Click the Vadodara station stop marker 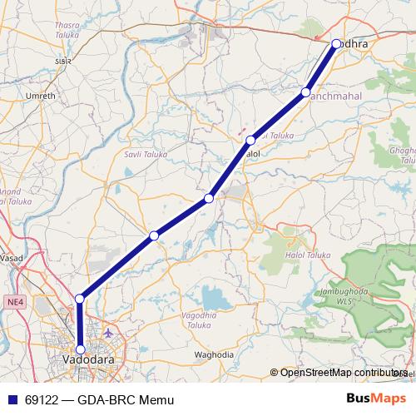click(x=80, y=349)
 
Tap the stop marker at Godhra click(x=336, y=43)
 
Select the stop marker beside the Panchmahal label click(x=306, y=92)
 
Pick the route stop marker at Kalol click(x=250, y=140)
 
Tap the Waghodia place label click(x=214, y=354)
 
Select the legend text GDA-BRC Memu click(x=125, y=399)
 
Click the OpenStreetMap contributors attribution click(x=341, y=372)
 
